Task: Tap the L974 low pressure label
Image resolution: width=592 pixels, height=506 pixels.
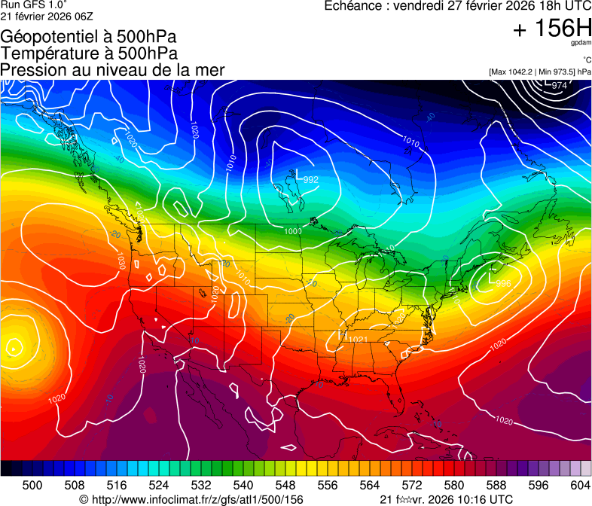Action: [555, 84]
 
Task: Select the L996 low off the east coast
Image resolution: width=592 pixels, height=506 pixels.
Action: [499, 282]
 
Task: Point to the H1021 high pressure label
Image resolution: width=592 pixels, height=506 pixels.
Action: [353, 338]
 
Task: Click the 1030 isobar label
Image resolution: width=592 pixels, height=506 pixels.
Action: [121, 261]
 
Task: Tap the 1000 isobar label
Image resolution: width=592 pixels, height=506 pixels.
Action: [293, 231]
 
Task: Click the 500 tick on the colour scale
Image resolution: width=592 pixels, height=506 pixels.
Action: [32, 485]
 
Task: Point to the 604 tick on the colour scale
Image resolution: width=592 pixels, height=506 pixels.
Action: [580, 485]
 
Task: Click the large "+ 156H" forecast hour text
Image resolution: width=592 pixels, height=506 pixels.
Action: [551, 29]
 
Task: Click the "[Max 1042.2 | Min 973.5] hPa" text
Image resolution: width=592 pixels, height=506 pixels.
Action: [539, 72]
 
